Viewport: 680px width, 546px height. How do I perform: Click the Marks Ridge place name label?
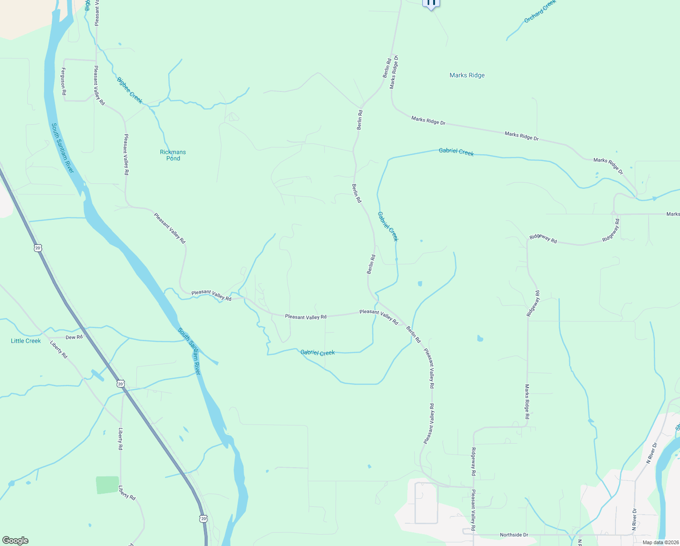[x=467, y=75]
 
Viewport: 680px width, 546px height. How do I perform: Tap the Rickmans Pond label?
[x=173, y=155]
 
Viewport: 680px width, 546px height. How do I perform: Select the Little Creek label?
[x=26, y=341]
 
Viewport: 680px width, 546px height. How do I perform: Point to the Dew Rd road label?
[x=74, y=337]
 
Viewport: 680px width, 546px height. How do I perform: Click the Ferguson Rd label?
[x=64, y=81]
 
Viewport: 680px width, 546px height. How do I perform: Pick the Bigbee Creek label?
[x=130, y=90]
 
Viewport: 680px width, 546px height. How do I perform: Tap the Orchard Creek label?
[x=540, y=12]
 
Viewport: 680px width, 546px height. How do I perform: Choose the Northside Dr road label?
[x=514, y=535]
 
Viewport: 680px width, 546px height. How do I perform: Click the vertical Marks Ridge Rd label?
[x=527, y=401]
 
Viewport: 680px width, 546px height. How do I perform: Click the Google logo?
[x=15, y=541]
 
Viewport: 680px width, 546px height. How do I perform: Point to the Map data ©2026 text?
[x=660, y=542]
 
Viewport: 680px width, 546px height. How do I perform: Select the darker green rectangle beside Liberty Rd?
[x=107, y=485]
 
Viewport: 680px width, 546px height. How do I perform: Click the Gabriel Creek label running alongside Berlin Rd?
[x=388, y=226]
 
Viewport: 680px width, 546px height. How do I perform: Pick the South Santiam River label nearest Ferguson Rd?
[x=62, y=148]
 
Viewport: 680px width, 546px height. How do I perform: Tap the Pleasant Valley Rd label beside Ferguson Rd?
[x=99, y=86]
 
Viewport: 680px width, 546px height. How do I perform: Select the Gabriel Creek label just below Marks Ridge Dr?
[x=456, y=152]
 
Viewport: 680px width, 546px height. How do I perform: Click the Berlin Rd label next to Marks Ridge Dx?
[x=387, y=68]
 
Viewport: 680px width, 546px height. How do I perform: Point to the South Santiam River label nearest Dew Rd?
[x=189, y=351]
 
